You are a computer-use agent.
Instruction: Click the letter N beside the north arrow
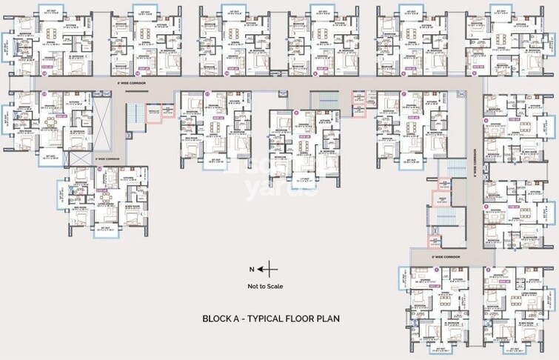pyautogui.click(x=252, y=269)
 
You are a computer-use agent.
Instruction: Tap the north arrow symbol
pyautogui.click(x=270, y=269)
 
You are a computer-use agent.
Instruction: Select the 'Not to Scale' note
pyautogui.click(x=264, y=286)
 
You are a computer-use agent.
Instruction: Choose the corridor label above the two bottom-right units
pyautogui.click(x=446, y=256)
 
